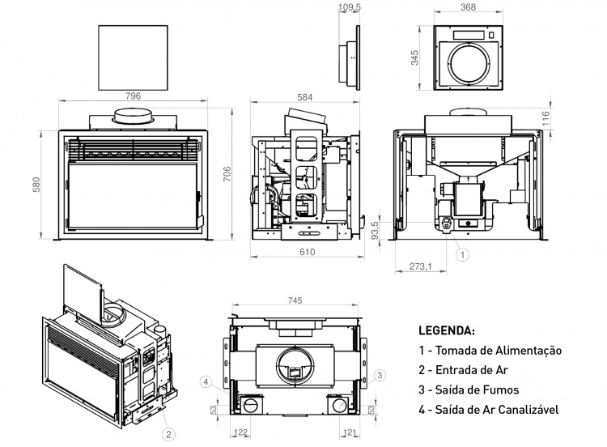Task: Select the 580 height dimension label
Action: click(x=35, y=185)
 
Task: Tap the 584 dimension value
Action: click(x=305, y=97)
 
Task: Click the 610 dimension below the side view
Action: click(x=307, y=253)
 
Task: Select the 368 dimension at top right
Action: click(x=466, y=9)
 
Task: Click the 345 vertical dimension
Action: click(x=415, y=57)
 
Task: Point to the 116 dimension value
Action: click(x=546, y=118)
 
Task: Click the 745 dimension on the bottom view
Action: click(x=295, y=300)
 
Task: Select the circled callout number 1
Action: click(x=462, y=254)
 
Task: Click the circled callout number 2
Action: click(x=168, y=435)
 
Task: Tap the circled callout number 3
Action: click(x=380, y=374)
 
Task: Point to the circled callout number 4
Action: click(x=207, y=381)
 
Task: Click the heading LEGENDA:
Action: click(x=447, y=331)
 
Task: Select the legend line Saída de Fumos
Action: click(x=469, y=390)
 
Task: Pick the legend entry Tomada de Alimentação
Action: click(x=490, y=351)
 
